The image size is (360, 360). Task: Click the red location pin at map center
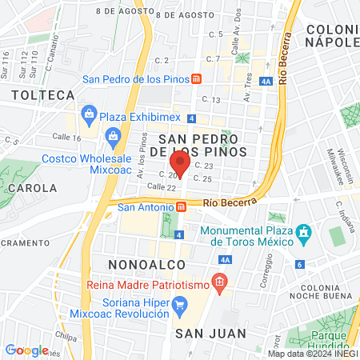point(180,164)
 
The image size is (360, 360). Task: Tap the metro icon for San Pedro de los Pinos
point(196,79)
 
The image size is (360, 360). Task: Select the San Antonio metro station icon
point(182,206)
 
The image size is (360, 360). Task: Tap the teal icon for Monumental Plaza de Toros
point(303,235)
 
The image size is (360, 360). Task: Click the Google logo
point(26,350)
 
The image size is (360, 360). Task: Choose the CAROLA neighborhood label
point(32,189)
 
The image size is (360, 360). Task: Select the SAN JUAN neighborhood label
point(203,332)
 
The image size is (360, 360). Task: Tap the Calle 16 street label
point(66,138)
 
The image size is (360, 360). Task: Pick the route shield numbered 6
point(300,264)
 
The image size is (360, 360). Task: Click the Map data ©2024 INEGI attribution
point(312,354)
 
